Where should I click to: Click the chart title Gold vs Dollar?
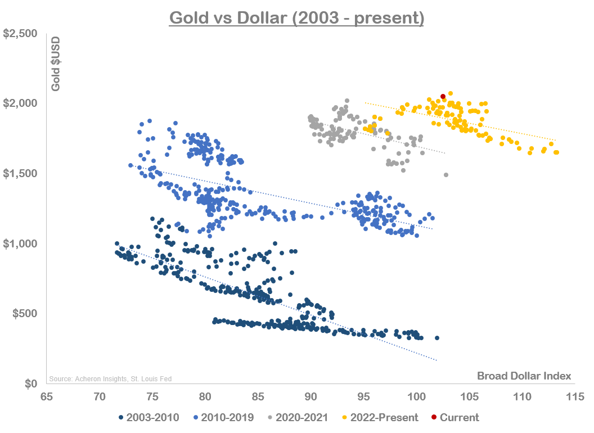coord(296,18)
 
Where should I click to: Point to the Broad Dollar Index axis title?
coord(524,376)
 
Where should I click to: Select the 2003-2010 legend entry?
coord(148,417)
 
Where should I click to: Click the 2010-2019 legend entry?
coord(224,417)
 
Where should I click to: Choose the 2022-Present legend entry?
coord(380,417)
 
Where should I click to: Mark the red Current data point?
coord(443,97)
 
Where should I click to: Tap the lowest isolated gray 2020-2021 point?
coord(446,175)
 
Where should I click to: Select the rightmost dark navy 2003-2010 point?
coord(437,338)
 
